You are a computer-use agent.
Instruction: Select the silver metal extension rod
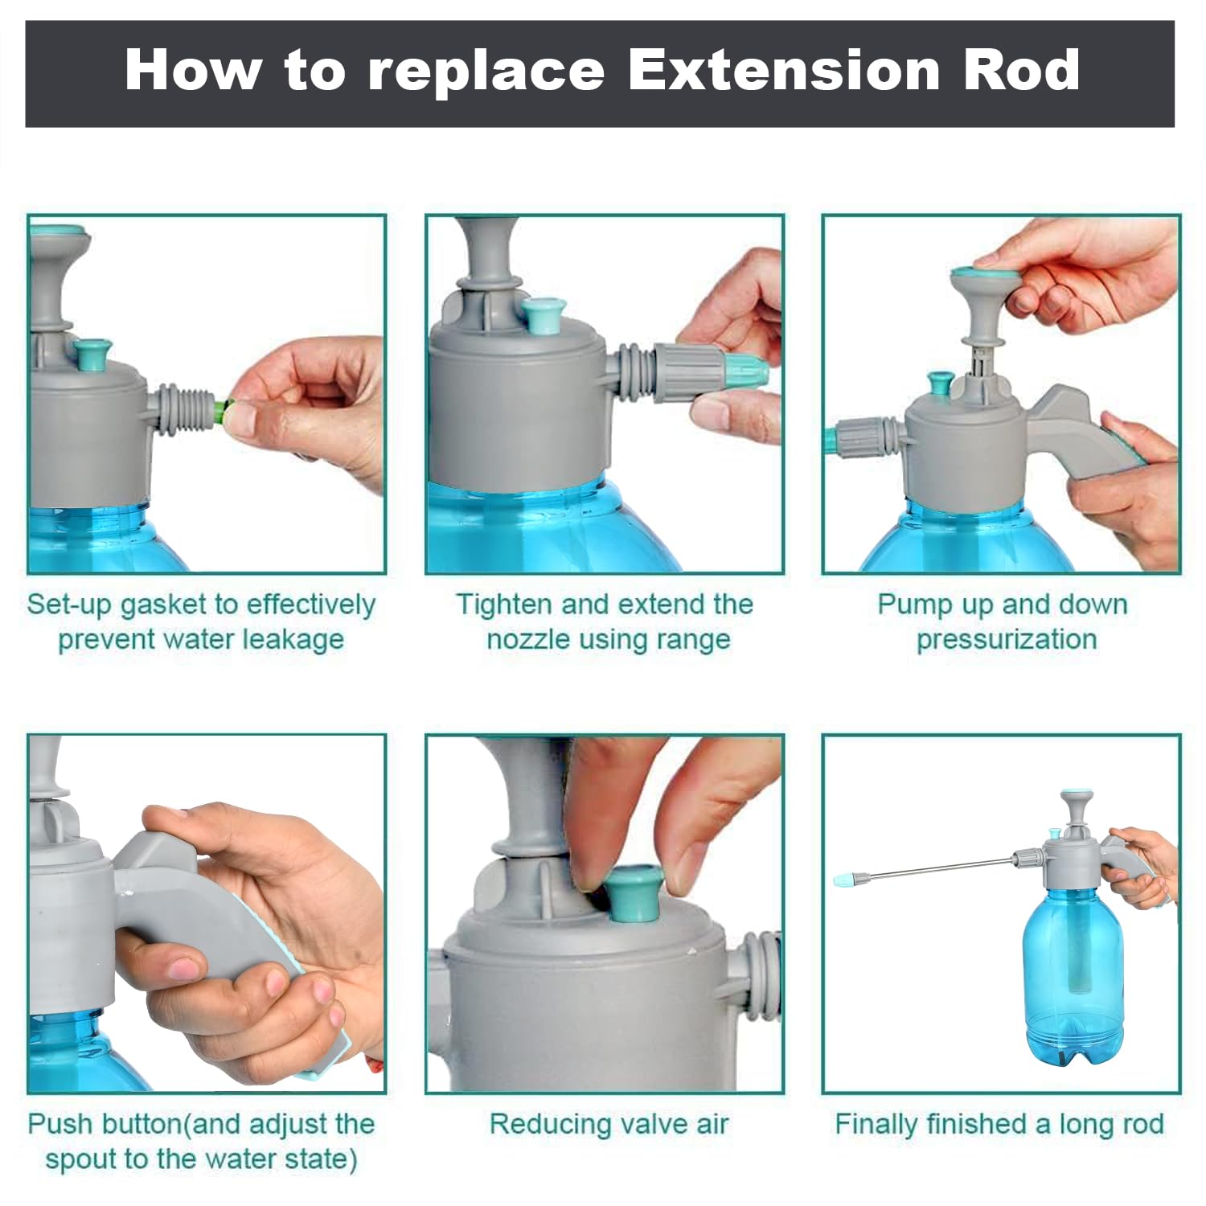pos(933,868)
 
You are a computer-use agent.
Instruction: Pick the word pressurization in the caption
pos(1007,640)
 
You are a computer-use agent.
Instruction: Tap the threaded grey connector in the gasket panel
pos(186,410)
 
